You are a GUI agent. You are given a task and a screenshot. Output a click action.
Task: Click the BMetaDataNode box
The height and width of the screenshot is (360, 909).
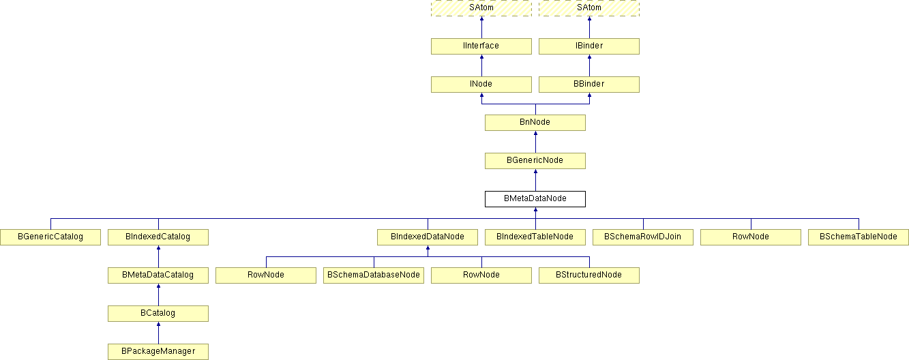click(535, 199)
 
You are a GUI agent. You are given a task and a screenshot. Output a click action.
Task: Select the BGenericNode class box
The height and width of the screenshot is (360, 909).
click(535, 161)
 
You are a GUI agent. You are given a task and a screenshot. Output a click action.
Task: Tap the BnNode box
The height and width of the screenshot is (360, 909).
click(535, 123)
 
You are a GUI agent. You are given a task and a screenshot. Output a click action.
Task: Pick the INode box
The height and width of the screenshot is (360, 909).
click(481, 85)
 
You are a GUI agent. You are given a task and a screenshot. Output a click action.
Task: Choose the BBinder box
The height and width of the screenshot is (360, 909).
click(589, 85)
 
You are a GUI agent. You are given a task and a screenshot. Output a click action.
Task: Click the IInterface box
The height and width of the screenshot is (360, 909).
click(481, 46)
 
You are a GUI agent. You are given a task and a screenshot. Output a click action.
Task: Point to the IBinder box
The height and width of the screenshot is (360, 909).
click(589, 46)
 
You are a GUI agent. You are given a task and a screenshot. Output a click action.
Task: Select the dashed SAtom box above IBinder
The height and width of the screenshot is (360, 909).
click(589, 8)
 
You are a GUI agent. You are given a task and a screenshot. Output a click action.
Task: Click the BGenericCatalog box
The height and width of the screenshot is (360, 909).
click(50, 237)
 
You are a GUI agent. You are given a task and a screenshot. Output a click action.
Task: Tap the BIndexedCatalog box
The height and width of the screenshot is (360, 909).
click(158, 237)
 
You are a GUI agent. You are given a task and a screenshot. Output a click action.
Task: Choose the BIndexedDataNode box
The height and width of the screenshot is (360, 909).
click(428, 237)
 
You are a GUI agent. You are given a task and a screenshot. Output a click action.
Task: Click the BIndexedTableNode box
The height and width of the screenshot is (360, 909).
click(535, 237)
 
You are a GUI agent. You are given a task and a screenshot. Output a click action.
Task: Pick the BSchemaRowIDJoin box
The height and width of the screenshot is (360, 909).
click(643, 237)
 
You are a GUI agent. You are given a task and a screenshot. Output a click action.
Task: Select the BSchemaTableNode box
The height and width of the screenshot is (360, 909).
click(859, 237)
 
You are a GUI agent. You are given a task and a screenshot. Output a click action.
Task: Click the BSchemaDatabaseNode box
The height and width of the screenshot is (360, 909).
click(374, 275)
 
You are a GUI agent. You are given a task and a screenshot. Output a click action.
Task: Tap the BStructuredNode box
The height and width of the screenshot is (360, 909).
click(589, 275)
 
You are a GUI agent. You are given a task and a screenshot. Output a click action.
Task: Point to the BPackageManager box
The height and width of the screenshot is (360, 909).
click(158, 351)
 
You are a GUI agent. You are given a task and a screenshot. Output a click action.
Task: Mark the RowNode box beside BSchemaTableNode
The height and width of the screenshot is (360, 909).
click(751, 237)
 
